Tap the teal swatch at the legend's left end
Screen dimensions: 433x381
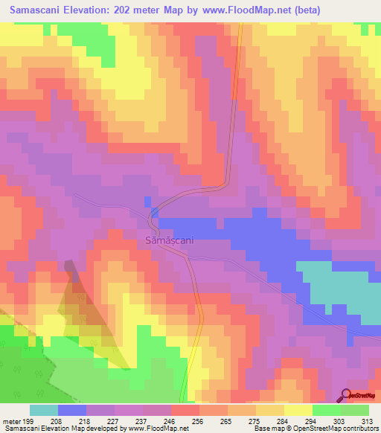tap(43, 410)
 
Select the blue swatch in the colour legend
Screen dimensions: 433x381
tap(71, 410)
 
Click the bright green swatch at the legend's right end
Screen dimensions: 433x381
tap(355, 410)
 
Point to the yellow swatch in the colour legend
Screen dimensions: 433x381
tap(298, 410)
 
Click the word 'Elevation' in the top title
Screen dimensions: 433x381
tap(99, 11)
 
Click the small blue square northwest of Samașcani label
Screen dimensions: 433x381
tap(147, 202)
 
